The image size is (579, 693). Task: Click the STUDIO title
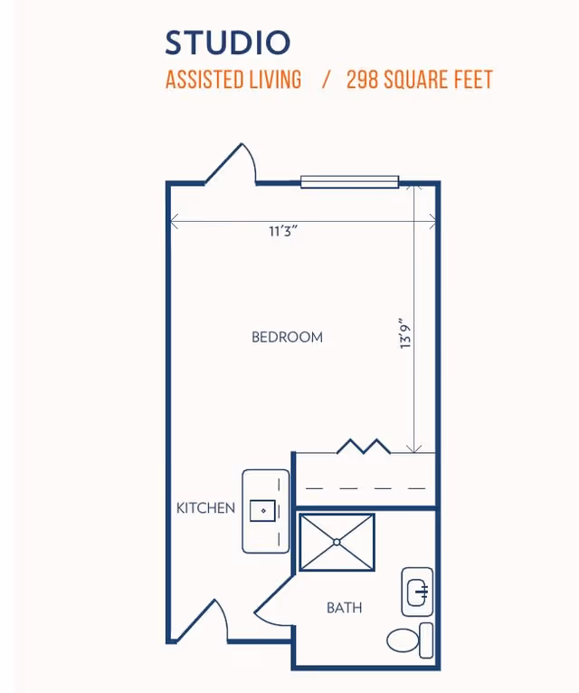(x=228, y=43)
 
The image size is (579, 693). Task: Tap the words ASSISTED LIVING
(x=233, y=80)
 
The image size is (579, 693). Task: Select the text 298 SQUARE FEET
(x=420, y=80)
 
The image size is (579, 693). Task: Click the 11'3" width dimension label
(x=283, y=231)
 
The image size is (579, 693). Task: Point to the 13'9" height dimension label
(x=406, y=332)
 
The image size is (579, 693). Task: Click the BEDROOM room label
(x=287, y=337)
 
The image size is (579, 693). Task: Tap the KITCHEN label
(x=205, y=508)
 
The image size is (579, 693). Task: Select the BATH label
(x=344, y=608)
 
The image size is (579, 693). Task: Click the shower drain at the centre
(x=337, y=543)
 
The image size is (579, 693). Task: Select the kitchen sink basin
(x=263, y=511)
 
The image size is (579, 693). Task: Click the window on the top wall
(x=349, y=182)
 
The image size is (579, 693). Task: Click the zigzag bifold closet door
(x=364, y=446)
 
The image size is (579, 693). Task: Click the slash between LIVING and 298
(x=325, y=80)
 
